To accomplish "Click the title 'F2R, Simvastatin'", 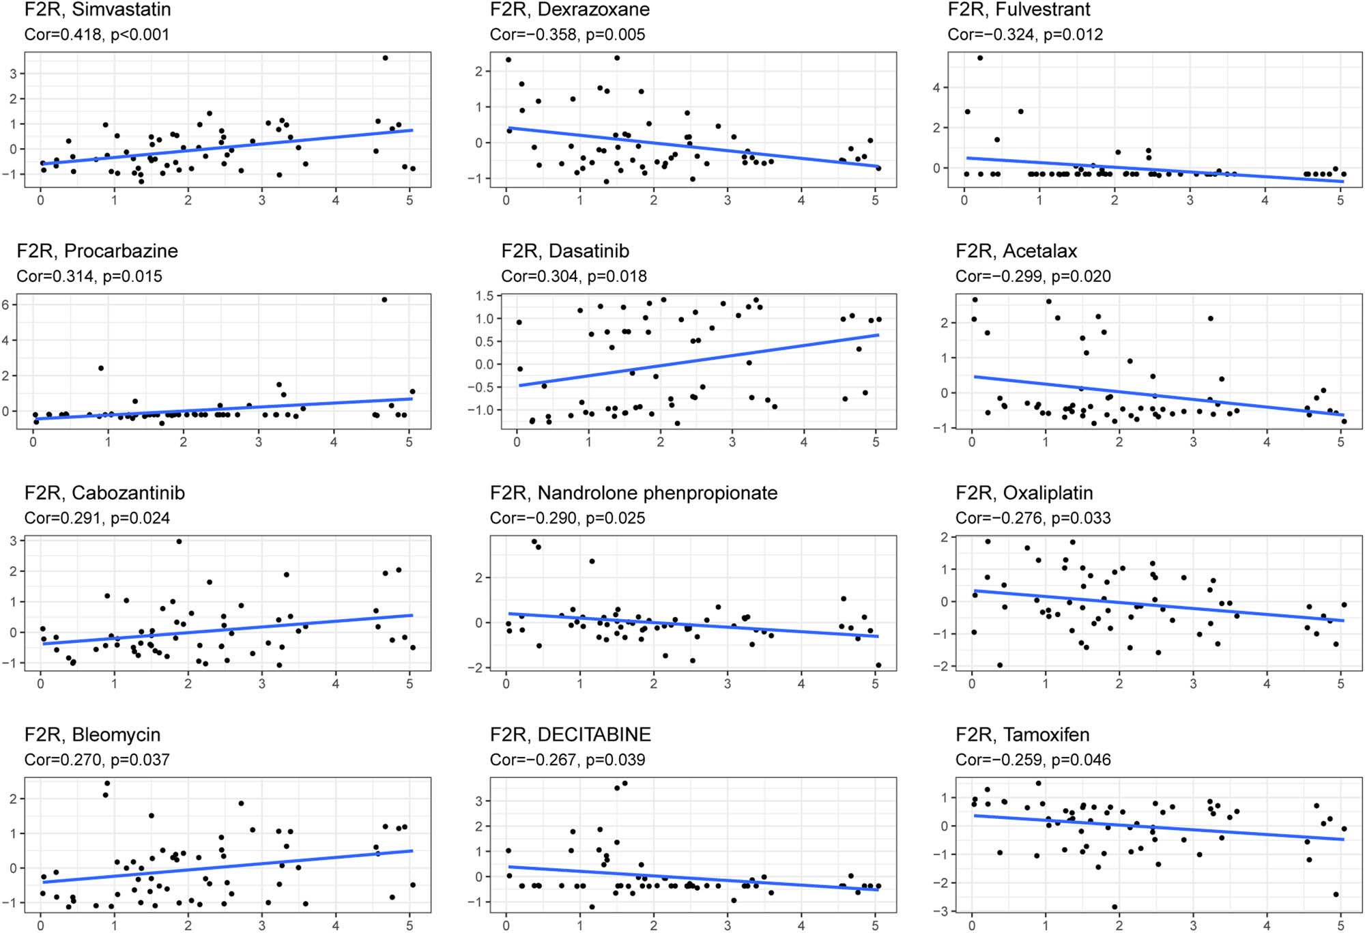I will [98, 10].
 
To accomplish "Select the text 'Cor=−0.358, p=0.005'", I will [566, 35].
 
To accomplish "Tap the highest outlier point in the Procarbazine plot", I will [384, 300].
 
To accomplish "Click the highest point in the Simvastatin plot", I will [385, 58].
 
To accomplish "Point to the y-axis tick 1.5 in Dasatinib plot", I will [485, 296].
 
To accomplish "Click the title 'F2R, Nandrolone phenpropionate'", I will [633, 493].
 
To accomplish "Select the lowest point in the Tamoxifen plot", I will [1115, 907].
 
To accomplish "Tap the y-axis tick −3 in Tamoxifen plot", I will [943, 911].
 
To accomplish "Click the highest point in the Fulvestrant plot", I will [980, 58].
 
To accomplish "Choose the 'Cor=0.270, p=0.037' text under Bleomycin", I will [97, 760].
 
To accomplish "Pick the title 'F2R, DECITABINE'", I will [570, 734].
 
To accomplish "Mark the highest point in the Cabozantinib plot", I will [179, 541].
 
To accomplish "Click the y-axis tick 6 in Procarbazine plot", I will [6, 305].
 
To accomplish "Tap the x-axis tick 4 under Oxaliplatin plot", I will [1267, 684].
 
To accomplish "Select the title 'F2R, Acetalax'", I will [1016, 251].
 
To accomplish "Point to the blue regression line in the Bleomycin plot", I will [225, 867].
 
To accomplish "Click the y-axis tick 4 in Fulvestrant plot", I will [936, 87].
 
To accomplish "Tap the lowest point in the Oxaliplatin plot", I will [1000, 665].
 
